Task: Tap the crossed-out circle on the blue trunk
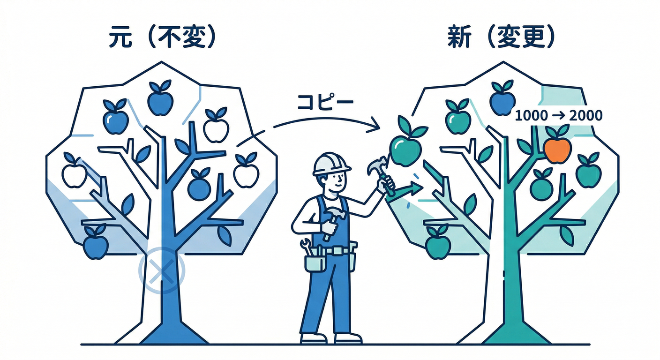(x=162, y=270)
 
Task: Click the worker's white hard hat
(x=330, y=164)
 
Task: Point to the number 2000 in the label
(x=585, y=115)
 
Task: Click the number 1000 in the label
(x=531, y=115)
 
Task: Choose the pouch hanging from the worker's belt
(x=315, y=263)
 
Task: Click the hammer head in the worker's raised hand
(x=377, y=165)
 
